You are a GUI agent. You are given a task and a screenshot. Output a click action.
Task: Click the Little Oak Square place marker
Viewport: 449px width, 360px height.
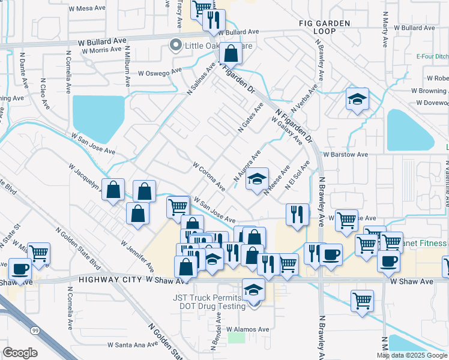coord(176,46)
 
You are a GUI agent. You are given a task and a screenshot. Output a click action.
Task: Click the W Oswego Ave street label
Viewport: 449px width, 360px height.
coord(160,72)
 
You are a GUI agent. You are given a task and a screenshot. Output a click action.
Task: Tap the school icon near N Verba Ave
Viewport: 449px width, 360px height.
coord(357,99)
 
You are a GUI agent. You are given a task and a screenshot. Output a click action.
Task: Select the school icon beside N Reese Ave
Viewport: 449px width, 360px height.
coord(257,180)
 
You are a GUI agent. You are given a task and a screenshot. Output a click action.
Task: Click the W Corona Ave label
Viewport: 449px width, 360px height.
coord(209,175)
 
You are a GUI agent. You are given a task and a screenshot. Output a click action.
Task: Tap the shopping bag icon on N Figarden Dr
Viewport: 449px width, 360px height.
coord(230,55)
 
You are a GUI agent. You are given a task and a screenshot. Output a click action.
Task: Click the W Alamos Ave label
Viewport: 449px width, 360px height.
coord(248,329)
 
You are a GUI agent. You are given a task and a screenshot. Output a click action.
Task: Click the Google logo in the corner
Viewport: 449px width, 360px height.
coord(20,353)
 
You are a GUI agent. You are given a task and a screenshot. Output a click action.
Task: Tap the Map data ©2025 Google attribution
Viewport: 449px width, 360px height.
coord(412,355)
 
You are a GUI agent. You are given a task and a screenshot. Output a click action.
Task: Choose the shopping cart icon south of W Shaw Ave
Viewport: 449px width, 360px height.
coord(362,301)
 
